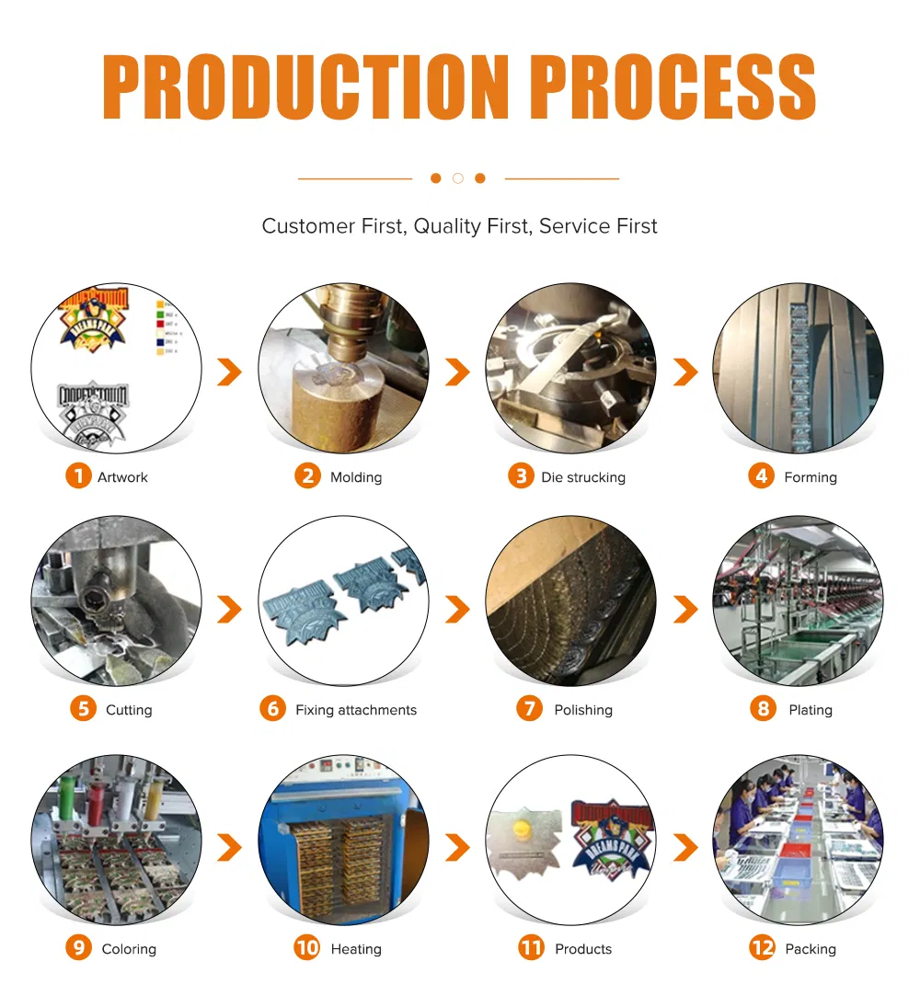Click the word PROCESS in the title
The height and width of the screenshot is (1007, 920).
pyautogui.click(x=673, y=87)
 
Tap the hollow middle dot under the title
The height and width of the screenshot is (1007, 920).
pyautogui.click(x=457, y=178)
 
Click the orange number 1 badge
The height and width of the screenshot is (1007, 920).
pyautogui.click(x=78, y=476)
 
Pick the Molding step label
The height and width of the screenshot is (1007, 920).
pyautogui.click(x=355, y=477)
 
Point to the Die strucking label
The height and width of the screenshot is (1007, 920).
pyautogui.click(x=583, y=477)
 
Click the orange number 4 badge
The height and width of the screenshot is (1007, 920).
pyautogui.click(x=761, y=476)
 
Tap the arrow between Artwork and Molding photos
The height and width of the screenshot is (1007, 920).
pyautogui.click(x=229, y=372)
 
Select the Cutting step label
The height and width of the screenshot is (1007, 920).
pyautogui.click(x=129, y=710)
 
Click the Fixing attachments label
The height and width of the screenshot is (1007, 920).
pyautogui.click(x=355, y=710)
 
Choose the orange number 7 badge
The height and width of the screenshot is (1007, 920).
pyautogui.click(x=530, y=709)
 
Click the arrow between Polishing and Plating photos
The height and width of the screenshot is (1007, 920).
pyautogui.click(x=685, y=609)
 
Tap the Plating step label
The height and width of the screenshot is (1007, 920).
pyautogui.click(x=810, y=710)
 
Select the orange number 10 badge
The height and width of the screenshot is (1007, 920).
pyautogui.click(x=307, y=948)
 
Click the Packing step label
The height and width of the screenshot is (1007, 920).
pyautogui.click(x=810, y=949)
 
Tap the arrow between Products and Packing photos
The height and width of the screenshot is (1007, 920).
pyautogui.click(x=685, y=848)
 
